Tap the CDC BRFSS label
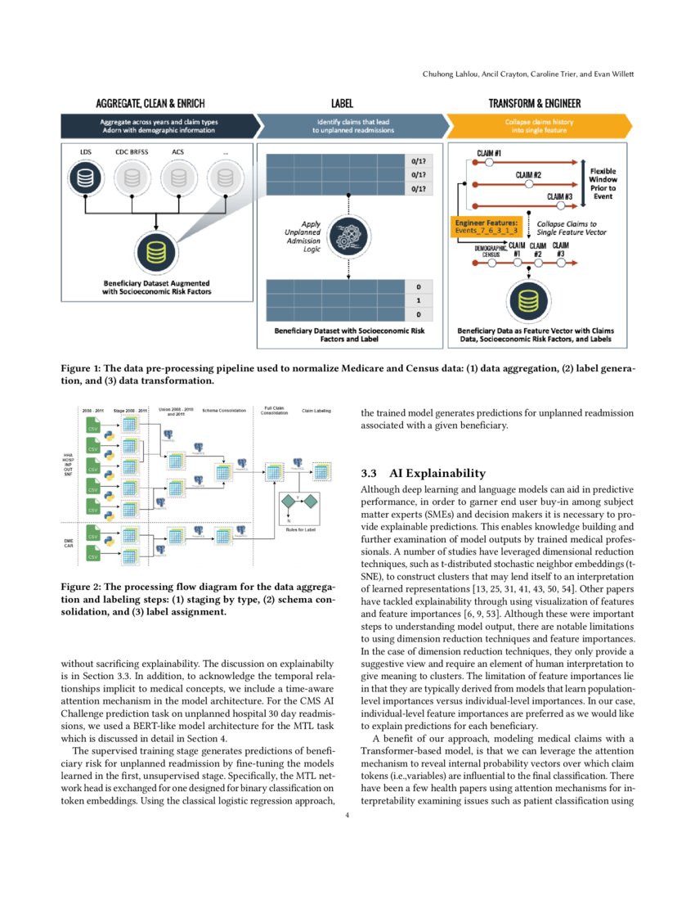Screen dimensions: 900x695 (x=132, y=152)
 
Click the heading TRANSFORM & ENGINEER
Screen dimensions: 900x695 (x=535, y=104)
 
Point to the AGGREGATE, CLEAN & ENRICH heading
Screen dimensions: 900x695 (x=150, y=104)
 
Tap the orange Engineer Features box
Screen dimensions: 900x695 (x=486, y=227)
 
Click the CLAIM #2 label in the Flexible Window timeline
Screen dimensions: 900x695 (x=532, y=174)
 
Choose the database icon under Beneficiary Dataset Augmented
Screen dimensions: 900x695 (x=155, y=253)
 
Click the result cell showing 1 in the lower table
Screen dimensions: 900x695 (x=418, y=301)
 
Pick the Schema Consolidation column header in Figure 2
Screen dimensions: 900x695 (x=224, y=410)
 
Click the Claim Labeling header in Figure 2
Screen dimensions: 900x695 (x=316, y=410)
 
